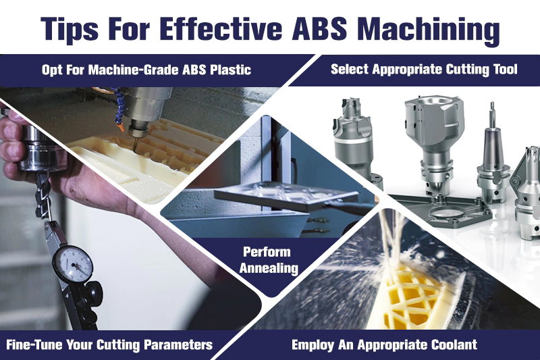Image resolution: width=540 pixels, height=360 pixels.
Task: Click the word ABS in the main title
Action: tap(319, 28)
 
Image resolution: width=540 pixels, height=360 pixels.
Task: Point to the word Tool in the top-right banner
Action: tap(505, 69)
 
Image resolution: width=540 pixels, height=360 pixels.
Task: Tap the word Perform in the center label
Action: tap(267, 252)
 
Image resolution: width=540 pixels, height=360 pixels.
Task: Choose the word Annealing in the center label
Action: tap(269, 268)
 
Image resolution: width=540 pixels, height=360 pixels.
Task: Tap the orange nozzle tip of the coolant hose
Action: tap(121, 127)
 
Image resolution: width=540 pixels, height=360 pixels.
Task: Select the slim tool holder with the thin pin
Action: tap(493, 155)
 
